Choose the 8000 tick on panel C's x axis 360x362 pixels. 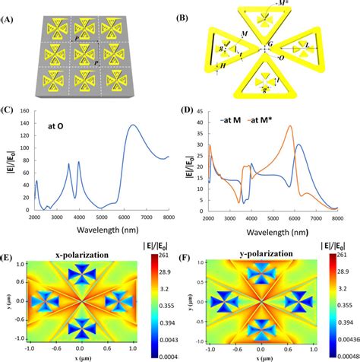[x=166, y=221]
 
